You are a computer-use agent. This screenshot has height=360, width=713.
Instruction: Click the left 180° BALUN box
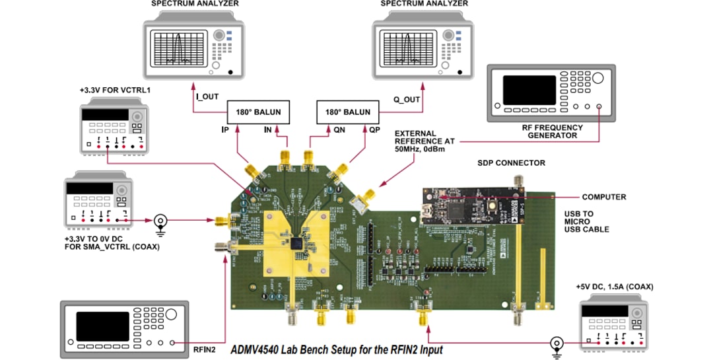pos(255,112)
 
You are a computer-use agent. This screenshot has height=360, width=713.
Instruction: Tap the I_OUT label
pos(207,97)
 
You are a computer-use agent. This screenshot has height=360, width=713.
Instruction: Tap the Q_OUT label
pos(407,100)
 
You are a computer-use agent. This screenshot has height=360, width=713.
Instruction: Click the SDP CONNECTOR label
pos(512,162)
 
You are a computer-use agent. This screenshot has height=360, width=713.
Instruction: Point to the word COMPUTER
pos(604,197)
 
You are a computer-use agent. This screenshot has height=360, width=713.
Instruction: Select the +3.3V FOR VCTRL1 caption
pos(115,89)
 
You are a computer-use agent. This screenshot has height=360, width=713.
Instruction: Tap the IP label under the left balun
pos(224,131)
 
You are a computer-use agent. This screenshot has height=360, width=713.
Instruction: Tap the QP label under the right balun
pos(374,131)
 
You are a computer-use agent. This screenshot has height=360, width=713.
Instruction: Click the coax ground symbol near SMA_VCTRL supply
pos(160,221)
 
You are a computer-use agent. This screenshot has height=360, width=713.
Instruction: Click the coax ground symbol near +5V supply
pos(557,343)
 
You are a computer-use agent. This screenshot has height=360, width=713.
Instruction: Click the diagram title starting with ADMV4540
pos(336,349)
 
